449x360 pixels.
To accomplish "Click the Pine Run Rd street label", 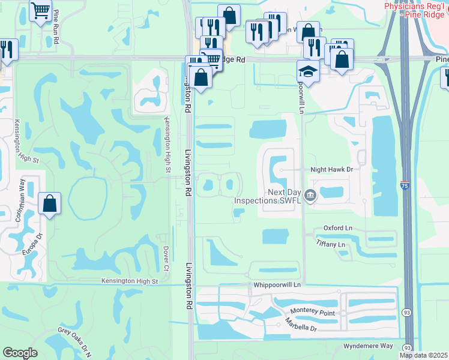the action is point(56,26).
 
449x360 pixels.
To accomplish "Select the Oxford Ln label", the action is point(337,228).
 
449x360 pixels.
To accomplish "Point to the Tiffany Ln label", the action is point(330,244).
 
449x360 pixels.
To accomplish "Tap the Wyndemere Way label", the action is point(369,346).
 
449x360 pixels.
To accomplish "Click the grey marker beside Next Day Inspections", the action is point(310,195).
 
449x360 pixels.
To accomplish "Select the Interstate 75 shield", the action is point(405,187).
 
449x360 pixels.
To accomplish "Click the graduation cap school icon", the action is point(307,71).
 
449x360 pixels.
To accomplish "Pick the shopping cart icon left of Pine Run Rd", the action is point(40,10).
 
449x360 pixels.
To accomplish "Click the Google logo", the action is point(20,353).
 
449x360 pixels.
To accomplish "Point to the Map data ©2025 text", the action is point(423,355).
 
